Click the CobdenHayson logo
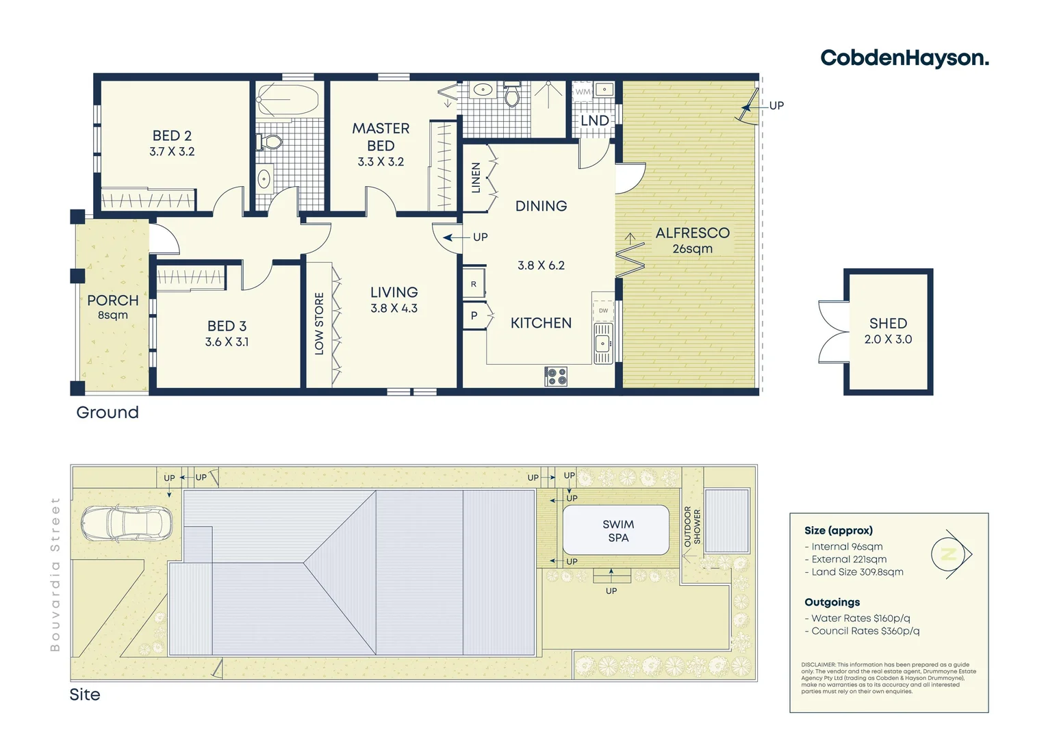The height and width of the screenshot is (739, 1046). [904, 58]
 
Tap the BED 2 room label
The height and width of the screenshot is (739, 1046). [172, 135]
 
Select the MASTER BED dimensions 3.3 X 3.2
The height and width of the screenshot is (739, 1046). [381, 162]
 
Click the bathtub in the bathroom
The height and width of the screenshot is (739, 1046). [288, 100]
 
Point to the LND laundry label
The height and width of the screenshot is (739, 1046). [594, 121]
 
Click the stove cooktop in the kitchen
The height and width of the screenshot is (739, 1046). [555, 376]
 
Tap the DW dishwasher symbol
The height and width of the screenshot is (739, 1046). [603, 311]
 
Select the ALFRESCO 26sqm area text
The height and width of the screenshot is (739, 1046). [692, 241]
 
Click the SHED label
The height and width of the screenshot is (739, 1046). [888, 323]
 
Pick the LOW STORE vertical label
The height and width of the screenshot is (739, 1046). [319, 323]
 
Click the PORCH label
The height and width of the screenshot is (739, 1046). [113, 300]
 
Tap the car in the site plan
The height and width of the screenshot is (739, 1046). [126, 523]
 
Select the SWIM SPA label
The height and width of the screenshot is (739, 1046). [618, 531]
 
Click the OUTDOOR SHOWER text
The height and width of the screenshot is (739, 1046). [692, 526]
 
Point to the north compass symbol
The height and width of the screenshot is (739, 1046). [951, 554]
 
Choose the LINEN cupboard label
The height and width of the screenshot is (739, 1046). [476, 177]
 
